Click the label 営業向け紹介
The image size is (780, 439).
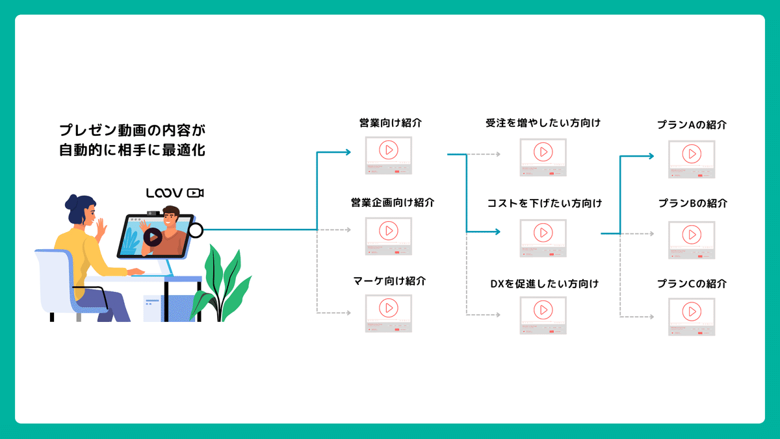point(388,123)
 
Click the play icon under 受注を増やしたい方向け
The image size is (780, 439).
point(543,152)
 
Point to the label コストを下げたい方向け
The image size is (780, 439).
point(544,204)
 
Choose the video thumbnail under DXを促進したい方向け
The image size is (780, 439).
point(543,316)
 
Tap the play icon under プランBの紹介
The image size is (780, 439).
point(692,233)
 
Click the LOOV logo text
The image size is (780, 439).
point(164,193)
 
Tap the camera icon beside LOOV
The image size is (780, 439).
point(195,193)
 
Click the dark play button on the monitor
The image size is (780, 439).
point(153,237)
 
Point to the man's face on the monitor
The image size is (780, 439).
point(171,217)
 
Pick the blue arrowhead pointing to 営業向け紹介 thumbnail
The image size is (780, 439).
point(347,153)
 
